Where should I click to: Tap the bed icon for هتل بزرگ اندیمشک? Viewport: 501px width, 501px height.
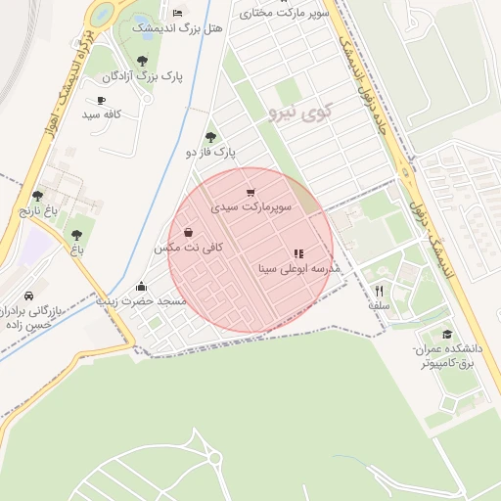tap(177, 14)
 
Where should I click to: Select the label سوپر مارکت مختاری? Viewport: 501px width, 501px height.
tap(284, 14)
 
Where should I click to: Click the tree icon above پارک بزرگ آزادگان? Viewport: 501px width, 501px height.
tap(143, 61)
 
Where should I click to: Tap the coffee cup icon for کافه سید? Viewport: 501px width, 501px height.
tap(100, 100)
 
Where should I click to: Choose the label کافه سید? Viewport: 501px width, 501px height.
tap(101, 114)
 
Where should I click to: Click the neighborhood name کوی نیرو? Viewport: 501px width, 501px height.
tap(298, 113)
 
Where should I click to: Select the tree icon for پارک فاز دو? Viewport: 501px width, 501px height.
tap(210, 137)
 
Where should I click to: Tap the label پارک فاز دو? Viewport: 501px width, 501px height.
tap(211, 152)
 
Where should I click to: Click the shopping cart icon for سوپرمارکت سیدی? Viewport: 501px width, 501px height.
tap(251, 193)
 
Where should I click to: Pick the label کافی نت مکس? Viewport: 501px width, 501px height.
tap(188, 248)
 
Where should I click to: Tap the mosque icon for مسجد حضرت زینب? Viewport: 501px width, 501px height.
tap(142, 287)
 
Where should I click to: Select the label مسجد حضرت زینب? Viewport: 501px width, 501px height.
tap(141, 302)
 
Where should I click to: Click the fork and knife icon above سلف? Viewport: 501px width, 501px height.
tap(379, 291)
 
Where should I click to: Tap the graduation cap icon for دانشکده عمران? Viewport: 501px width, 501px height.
tap(447, 335)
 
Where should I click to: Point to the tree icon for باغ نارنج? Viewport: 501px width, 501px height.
tap(38, 196)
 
